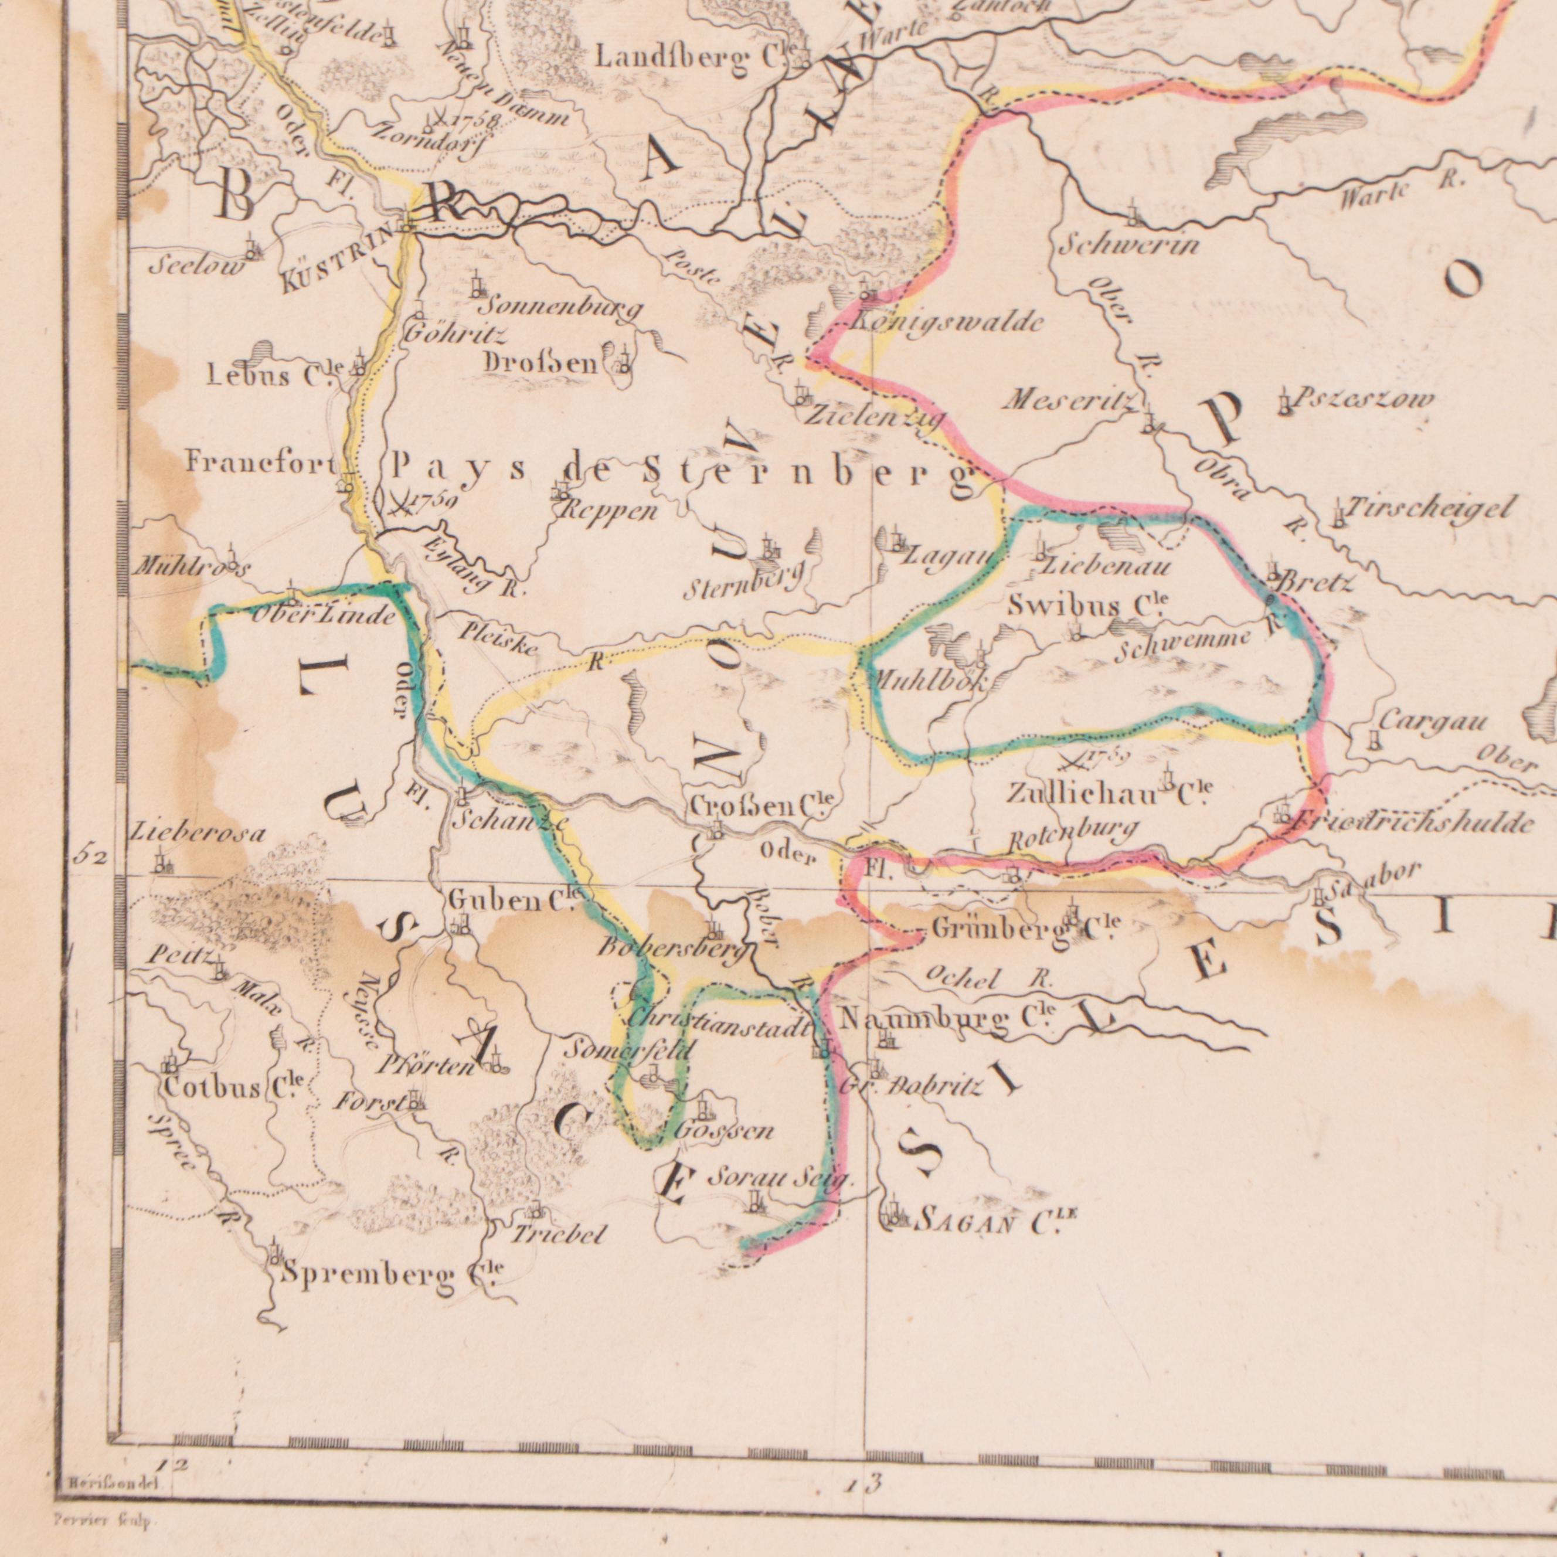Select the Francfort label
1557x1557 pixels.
pyautogui.click(x=260, y=463)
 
